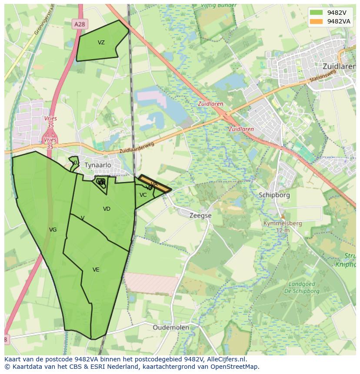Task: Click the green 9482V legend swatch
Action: click(317, 13)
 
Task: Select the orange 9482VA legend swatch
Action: click(317, 21)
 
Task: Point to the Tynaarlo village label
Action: click(98, 165)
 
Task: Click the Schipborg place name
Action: click(274, 195)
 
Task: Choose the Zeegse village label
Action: click(200, 215)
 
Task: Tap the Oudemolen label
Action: click(171, 328)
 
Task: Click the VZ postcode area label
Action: click(101, 43)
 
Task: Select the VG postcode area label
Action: click(53, 230)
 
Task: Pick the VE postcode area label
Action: click(96, 270)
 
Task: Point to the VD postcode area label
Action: click(107, 209)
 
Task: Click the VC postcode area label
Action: click(143, 195)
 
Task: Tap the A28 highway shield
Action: click(80, 25)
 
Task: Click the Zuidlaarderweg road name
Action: click(137, 149)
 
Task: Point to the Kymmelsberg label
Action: click(283, 223)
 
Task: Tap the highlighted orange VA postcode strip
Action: click(155, 184)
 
